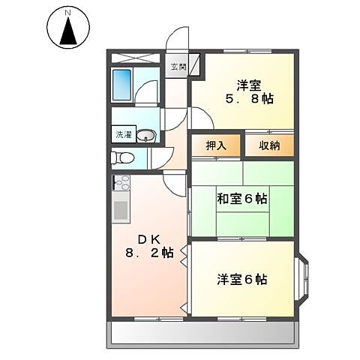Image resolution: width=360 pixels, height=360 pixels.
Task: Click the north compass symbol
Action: click(68, 31)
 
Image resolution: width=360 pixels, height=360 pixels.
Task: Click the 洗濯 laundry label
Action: click(122, 136)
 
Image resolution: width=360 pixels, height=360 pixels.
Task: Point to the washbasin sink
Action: click(148, 136)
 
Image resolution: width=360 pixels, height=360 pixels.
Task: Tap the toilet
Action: click(122, 158)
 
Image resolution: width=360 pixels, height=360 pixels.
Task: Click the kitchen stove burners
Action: click(121, 183)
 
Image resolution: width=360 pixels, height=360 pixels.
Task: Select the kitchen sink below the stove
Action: click(120, 209)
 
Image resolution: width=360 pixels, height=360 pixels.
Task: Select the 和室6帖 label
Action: click(241, 199)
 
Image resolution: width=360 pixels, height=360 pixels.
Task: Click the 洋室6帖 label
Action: click(241, 280)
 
